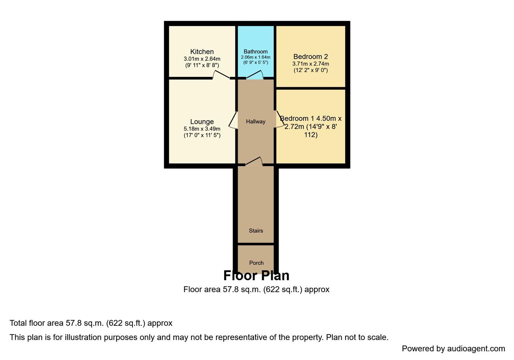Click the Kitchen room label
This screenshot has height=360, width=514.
[x=202, y=52]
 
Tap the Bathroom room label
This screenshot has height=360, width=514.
[x=255, y=52]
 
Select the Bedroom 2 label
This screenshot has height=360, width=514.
[x=310, y=57]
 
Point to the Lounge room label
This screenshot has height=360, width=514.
[x=202, y=122]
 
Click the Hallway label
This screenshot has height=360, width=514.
[x=256, y=122]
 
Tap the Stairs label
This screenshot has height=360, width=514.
[x=256, y=231]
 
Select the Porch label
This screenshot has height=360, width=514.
[x=256, y=263]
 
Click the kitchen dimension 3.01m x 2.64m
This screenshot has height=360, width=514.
[x=202, y=59]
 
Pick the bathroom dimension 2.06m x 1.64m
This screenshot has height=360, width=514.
[x=255, y=57]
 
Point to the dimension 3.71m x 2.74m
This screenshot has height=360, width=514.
[x=310, y=64]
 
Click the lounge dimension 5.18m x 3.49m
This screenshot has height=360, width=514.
[x=202, y=129]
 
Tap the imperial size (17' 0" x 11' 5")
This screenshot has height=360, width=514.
[x=202, y=135]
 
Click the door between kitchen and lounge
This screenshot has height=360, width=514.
[x=221, y=75]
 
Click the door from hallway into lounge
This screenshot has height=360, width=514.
[x=233, y=120]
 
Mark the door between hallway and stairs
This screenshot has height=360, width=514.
[x=254, y=161]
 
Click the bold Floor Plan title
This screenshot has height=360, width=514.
[x=256, y=276]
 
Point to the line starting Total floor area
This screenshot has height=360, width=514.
[x=91, y=323]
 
